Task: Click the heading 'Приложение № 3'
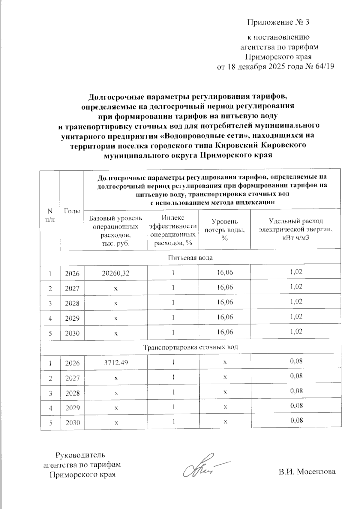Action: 278,22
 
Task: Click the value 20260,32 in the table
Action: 115,273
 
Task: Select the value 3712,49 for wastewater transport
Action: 116,363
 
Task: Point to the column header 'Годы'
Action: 72,211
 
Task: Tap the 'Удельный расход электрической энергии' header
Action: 295,229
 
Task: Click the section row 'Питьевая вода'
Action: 190,258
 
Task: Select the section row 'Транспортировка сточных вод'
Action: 190,347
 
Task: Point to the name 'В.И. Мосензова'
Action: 307,472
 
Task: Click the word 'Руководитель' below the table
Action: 81,455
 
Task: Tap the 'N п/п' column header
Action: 50,215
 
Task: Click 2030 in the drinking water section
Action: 72,333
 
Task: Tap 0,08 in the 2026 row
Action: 296,361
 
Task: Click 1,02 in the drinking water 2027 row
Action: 296,287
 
